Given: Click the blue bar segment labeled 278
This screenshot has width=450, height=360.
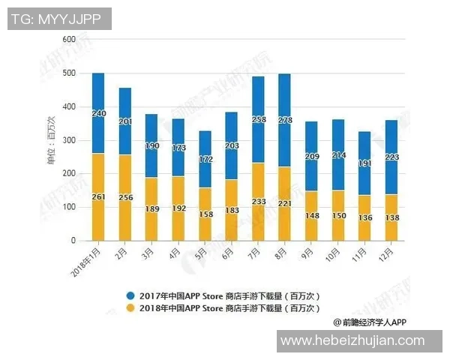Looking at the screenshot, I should point(283,120).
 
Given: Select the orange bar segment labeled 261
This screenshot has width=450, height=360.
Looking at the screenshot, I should point(97,196).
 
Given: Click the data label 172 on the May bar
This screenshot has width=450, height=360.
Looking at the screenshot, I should point(204,160).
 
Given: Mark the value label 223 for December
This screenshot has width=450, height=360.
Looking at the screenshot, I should point(390,157).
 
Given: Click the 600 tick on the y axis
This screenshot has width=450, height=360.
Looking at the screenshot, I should point(69,39).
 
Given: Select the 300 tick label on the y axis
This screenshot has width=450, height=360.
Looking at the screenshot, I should point(69,140).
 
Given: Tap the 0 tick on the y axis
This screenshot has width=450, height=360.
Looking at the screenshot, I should point(73,241).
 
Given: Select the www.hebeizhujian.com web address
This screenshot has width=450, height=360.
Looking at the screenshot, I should point(360,340).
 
